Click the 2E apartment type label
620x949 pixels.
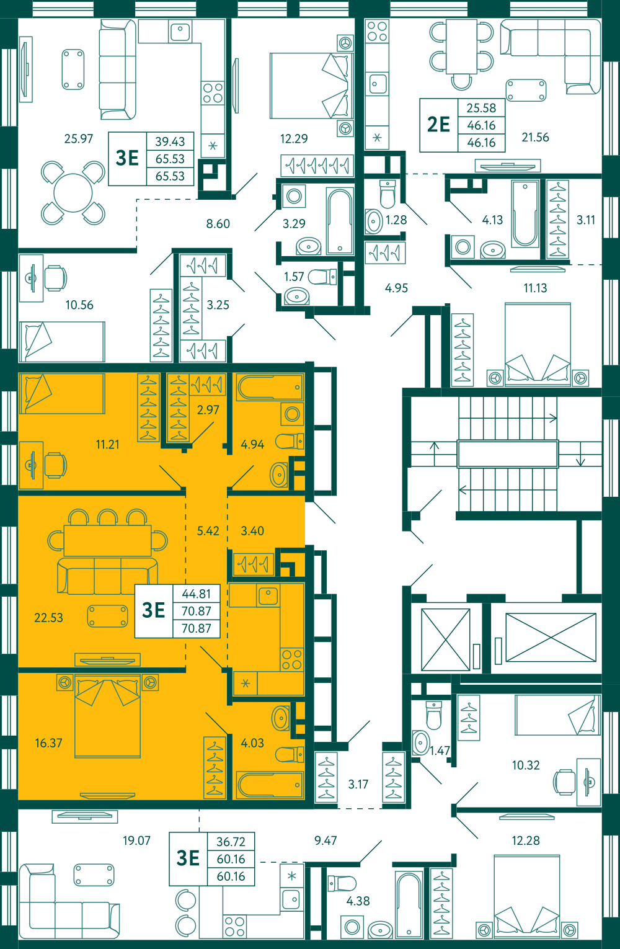pos(438,125)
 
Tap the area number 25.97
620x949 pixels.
pos(78,138)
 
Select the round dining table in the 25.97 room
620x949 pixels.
pos(73,193)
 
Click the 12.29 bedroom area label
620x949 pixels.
pos(294,138)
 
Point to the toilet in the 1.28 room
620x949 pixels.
pos(387,194)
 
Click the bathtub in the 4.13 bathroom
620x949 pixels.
pos(525,214)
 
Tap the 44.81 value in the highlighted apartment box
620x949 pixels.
pos(196,594)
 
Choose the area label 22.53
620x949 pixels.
pos(48,618)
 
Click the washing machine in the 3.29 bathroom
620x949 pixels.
pos(294,196)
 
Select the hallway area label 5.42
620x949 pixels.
pos(208,531)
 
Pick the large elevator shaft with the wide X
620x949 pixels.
pos(551,637)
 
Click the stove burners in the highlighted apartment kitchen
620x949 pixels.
pos(292,659)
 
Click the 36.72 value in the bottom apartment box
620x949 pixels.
pos(231,842)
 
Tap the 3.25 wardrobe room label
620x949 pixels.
pos(218,305)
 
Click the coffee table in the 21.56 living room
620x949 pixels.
pos(526,90)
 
